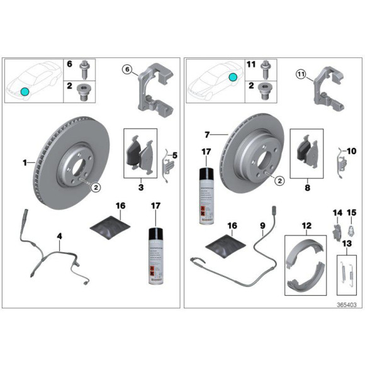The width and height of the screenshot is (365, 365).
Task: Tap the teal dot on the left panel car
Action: (25, 91)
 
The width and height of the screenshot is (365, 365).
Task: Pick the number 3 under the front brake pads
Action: (141, 187)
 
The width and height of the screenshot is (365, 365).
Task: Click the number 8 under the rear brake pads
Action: (306, 187)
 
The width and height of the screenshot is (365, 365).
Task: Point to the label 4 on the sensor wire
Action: (59, 237)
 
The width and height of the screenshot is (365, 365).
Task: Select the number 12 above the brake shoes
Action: (306, 225)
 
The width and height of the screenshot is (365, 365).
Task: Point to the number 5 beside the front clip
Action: (175, 155)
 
